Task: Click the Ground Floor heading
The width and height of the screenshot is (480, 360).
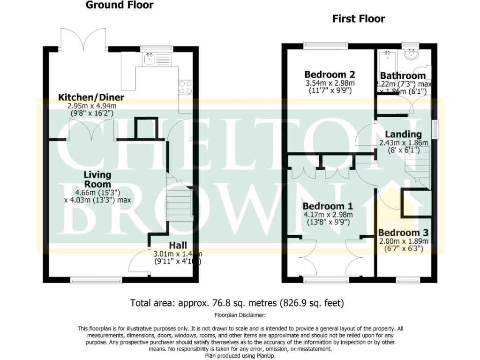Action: (x=120, y=6)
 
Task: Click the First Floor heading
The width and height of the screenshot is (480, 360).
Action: (x=359, y=19)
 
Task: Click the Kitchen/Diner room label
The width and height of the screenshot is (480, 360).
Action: (x=91, y=97)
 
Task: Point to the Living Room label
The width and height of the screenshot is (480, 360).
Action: (x=97, y=180)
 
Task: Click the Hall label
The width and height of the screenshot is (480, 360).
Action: (x=178, y=246)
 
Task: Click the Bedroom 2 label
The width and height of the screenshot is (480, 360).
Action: (x=330, y=75)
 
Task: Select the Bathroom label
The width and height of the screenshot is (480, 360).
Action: (x=403, y=75)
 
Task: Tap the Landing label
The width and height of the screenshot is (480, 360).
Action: (x=403, y=135)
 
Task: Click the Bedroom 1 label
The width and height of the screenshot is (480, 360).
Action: (x=328, y=207)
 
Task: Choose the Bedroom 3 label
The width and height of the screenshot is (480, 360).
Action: (x=403, y=233)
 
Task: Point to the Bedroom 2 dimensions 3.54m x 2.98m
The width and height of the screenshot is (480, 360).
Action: (x=330, y=83)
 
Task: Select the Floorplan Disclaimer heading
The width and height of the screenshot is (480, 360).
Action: (x=240, y=315)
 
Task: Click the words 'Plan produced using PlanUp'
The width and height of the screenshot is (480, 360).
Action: (x=240, y=355)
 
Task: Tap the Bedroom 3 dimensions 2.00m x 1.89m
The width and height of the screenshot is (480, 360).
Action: (x=403, y=241)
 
